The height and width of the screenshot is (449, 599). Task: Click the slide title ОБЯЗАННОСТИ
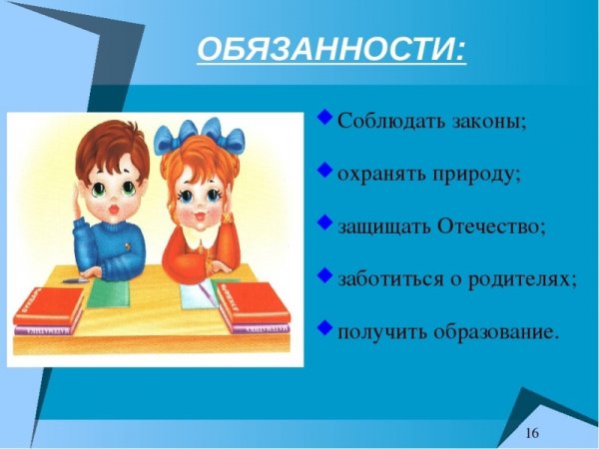(330, 49)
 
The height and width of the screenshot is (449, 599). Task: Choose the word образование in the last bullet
(495, 330)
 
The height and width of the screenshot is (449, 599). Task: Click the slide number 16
(531, 431)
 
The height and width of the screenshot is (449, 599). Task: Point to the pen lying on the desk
(72, 281)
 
